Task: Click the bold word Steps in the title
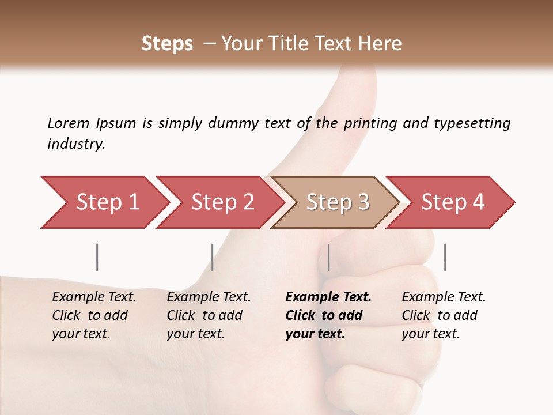[x=167, y=44]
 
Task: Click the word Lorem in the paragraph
[x=68, y=123]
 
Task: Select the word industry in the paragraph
[x=75, y=144]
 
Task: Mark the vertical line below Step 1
[x=97, y=257]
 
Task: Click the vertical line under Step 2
[x=212, y=257]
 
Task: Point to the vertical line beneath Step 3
[x=328, y=257]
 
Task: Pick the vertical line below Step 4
[x=445, y=257]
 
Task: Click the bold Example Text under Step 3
[x=328, y=297]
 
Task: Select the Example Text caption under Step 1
[x=94, y=297]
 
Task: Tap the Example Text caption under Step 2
[x=209, y=297]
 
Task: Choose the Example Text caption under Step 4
[x=444, y=297]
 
